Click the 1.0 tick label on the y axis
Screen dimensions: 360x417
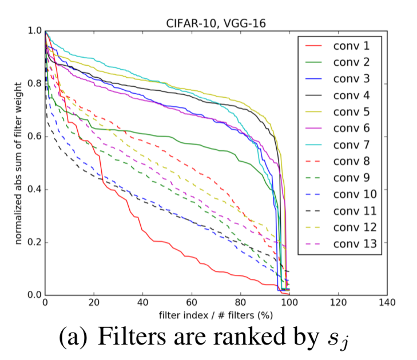click(x=34, y=31)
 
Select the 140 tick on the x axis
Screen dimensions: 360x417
click(x=387, y=302)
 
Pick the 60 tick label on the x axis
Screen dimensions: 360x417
click(x=192, y=302)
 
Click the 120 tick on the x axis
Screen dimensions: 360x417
click(x=339, y=302)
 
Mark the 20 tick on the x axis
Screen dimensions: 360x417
click(x=94, y=302)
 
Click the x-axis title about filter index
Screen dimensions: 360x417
click(x=216, y=314)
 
